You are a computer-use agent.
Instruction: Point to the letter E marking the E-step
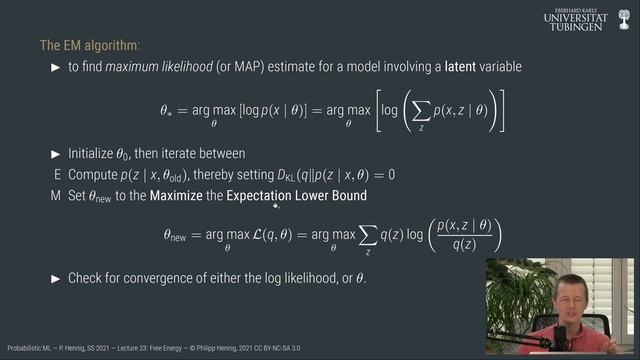coord(56,174)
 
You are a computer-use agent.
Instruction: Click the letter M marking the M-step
coord(56,195)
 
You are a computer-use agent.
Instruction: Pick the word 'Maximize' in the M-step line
coord(175,195)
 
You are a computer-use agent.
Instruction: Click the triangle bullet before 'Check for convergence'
coord(56,277)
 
